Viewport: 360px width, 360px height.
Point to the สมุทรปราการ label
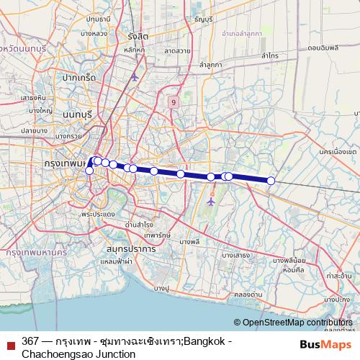130,248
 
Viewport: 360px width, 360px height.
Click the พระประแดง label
98,214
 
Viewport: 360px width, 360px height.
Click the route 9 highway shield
174,102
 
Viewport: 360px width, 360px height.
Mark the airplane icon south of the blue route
211,202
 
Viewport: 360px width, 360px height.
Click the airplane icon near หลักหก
134,76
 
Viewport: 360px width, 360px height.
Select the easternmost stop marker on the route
271,181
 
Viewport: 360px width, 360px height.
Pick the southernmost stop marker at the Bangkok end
89,171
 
